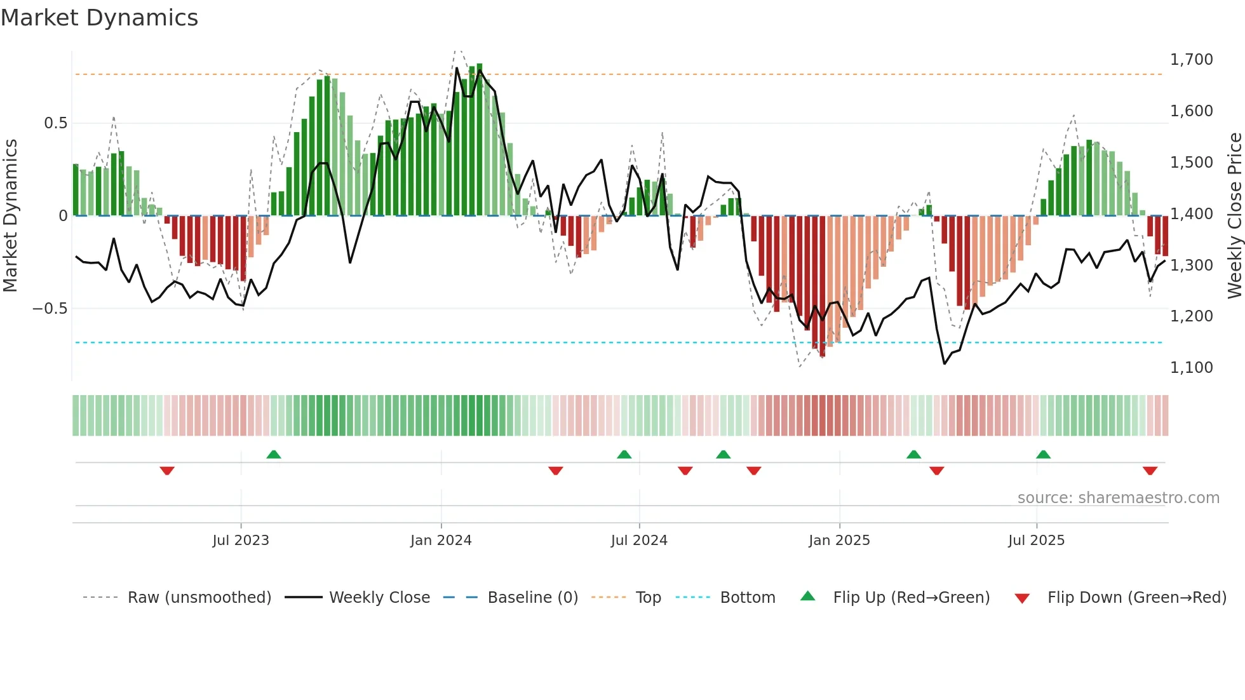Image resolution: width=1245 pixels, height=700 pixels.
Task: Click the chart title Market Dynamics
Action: point(99,18)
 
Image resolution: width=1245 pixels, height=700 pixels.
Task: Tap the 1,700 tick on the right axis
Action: point(1191,60)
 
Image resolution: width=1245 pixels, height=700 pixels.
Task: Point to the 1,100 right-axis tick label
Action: point(1191,368)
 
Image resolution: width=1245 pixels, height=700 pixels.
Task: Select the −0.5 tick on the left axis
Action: point(50,309)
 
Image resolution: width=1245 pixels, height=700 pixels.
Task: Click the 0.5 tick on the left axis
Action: point(55,123)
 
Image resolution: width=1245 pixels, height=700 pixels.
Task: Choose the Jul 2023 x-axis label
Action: point(241,541)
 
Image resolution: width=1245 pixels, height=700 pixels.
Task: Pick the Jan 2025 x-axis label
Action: point(839,541)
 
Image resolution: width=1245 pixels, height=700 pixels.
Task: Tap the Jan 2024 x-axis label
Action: point(441,541)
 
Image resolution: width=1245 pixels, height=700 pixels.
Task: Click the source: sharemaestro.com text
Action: point(1118,498)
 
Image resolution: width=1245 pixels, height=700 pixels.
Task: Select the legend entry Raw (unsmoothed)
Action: point(199,598)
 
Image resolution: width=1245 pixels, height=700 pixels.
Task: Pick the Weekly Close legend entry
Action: point(379,598)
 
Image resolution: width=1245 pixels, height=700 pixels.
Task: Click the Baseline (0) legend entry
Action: point(532,598)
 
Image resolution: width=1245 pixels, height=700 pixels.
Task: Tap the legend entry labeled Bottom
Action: point(747,598)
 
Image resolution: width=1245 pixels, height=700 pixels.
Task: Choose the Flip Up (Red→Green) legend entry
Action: point(911,598)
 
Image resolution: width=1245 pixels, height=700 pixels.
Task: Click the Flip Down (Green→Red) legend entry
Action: point(1136,598)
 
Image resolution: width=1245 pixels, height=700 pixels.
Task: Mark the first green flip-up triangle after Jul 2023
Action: point(274,454)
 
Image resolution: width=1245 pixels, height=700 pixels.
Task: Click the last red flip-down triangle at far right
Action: point(1150,471)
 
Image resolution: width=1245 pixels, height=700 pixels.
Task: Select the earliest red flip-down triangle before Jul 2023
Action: point(167,471)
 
